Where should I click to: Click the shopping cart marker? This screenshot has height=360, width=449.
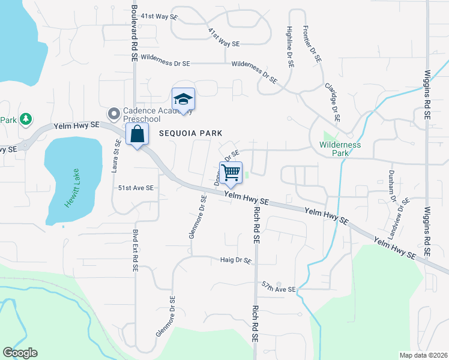tap(231, 173)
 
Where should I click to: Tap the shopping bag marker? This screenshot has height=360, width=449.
tap(137, 134)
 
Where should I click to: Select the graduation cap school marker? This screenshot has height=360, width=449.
tap(183, 100)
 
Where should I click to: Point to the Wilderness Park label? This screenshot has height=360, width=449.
tap(340, 148)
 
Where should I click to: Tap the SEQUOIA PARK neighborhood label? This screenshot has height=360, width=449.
tap(190, 133)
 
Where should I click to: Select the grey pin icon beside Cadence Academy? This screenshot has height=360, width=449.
tap(114, 113)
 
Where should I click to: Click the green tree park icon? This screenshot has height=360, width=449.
tap(26, 119)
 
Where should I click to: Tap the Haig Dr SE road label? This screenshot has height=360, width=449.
tap(235, 260)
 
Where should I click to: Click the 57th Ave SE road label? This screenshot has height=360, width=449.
tap(279, 287)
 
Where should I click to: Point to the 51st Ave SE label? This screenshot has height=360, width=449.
tap(136, 188)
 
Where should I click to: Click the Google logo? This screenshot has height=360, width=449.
tap(20, 352)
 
